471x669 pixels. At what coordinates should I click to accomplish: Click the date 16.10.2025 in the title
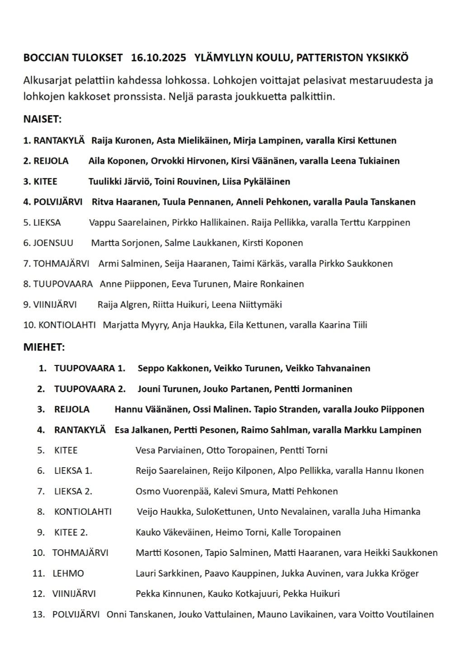[x=158, y=58]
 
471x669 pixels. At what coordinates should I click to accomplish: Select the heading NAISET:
[x=42, y=119]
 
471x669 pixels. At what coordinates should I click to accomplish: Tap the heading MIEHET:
[x=44, y=347]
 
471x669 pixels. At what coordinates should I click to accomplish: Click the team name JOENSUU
[x=53, y=243]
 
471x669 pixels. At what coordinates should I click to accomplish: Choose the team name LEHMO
[x=68, y=574]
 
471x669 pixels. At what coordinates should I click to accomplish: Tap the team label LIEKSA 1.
[x=73, y=471]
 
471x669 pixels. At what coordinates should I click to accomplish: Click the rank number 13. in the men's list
[x=39, y=615]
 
